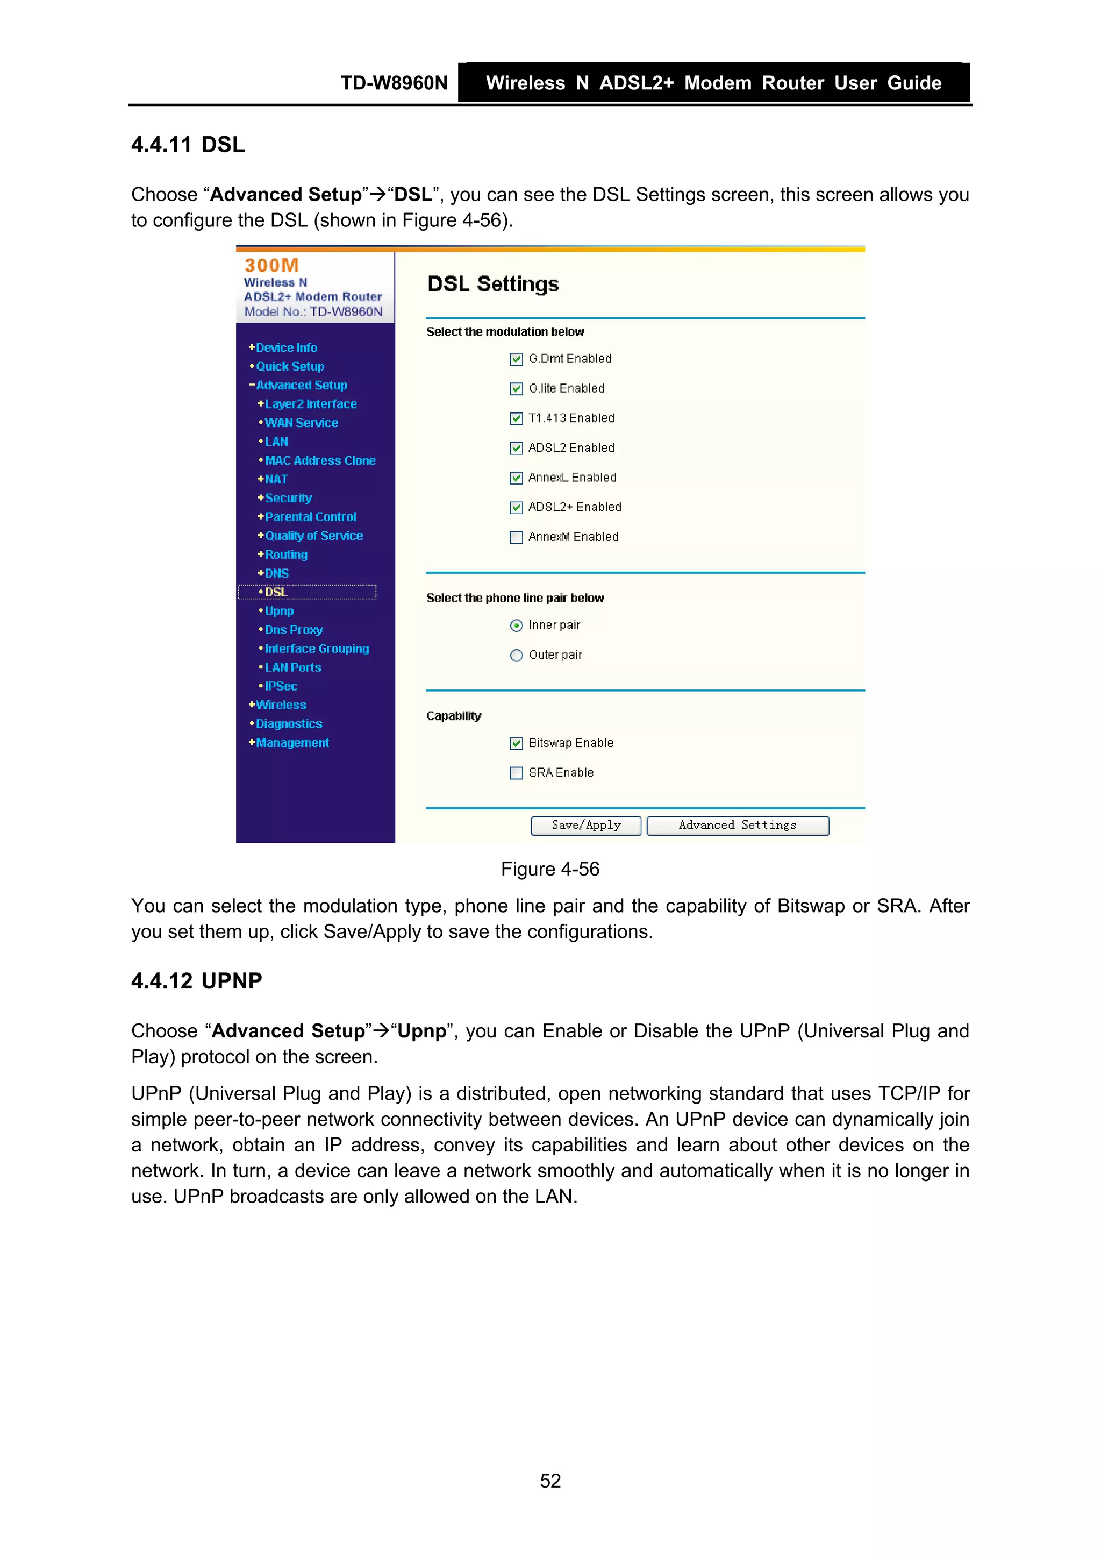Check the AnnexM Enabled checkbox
coord(516,537)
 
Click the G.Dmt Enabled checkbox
coord(516,359)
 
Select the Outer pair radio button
coord(516,656)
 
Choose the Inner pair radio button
coord(516,625)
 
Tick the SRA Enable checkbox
coord(516,773)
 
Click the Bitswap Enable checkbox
coord(516,743)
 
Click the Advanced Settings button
coord(738,826)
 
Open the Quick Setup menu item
coord(290,366)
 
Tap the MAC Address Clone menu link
coord(319,461)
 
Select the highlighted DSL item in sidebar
coord(276,593)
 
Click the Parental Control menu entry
coord(310,517)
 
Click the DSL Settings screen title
coord(493,284)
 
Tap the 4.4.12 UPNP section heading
coord(197,981)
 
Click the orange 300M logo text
coord(271,265)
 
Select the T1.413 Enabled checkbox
coord(516,419)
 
